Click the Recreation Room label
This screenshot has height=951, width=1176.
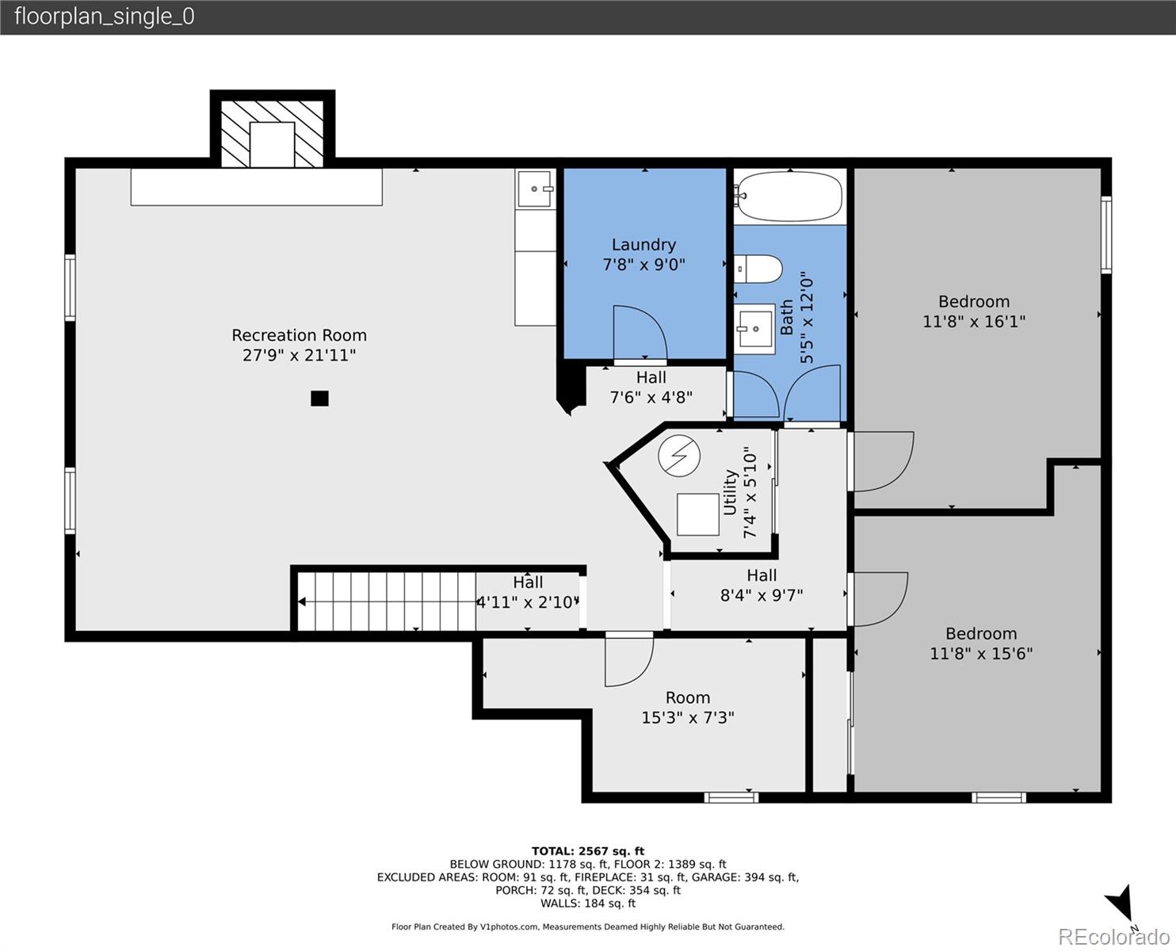[x=299, y=335]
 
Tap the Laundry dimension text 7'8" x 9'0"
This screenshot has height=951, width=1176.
[x=643, y=265]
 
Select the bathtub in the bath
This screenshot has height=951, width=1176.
[x=790, y=197]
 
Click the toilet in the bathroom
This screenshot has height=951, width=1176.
[x=758, y=269]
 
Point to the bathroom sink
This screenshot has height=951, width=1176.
[x=754, y=329]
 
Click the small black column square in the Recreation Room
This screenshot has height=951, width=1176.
[x=319, y=398]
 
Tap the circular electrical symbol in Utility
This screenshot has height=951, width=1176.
[x=679, y=456]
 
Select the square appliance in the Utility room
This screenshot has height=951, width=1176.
[x=698, y=514]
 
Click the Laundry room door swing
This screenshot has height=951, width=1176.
[x=640, y=332]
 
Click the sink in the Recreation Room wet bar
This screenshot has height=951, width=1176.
[x=535, y=189]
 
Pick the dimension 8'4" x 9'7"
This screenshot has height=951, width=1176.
[x=762, y=595]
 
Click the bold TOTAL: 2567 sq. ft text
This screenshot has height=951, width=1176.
[x=588, y=850]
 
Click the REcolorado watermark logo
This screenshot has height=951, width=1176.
[x=1113, y=936]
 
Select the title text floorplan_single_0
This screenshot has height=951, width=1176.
[x=105, y=17]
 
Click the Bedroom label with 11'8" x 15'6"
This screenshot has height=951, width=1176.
[x=981, y=633]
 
